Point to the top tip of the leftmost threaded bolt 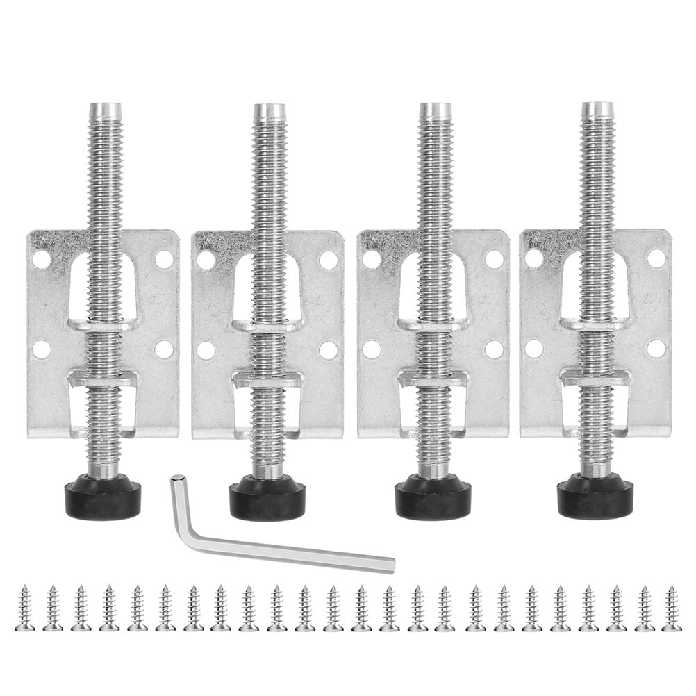[x=105, y=109]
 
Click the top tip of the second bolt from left [x=269, y=110]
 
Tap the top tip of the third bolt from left [x=435, y=108]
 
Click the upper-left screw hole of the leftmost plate [x=42, y=260]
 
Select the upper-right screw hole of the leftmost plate [x=164, y=259]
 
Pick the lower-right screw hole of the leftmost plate [x=164, y=349]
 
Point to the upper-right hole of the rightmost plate [x=656, y=258]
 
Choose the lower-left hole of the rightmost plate [x=534, y=349]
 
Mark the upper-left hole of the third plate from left [x=372, y=259]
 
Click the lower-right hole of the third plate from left [x=494, y=349]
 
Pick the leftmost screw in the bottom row [x=24, y=608]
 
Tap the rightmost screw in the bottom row [x=672, y=608]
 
